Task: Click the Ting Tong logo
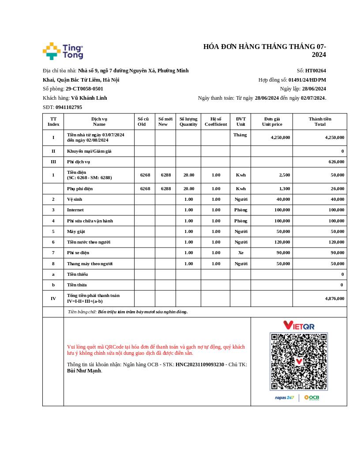[x=63, y=51]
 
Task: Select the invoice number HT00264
[x=315, y=71]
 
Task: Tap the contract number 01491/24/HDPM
[x=307, y=80]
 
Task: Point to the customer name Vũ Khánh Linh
[x=89, y=98]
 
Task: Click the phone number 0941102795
[x=69, y=107]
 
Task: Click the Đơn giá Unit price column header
[x=272, y=121]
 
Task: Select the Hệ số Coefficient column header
[x=216, y=121]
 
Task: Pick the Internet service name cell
[x=75, y=210]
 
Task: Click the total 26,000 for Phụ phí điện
[x=337, y=189]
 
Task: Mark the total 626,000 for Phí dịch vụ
[x=336, y=162]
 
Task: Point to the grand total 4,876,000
[x=335, y=299]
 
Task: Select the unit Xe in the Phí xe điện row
[x=240, y=253]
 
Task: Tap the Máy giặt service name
[x=76, y=232]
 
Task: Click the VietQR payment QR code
[x=299, y=361]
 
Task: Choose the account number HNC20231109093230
[x=200, y=365]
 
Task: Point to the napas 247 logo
[x=285, y=398]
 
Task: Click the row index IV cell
[x=53, y=299]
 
